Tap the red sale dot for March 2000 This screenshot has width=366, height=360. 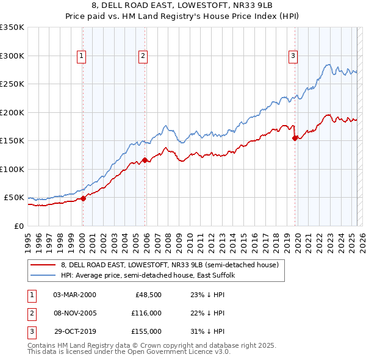click(x=83, y=198)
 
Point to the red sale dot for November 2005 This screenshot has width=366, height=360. click(x=145, y=160)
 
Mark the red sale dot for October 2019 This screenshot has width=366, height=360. click(x=295, y=138)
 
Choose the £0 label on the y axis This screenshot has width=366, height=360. click(x=18, y=226)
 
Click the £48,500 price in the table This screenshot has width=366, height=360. click(x=148, y=294)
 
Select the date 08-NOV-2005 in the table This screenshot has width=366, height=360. click(x=75, y=313)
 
